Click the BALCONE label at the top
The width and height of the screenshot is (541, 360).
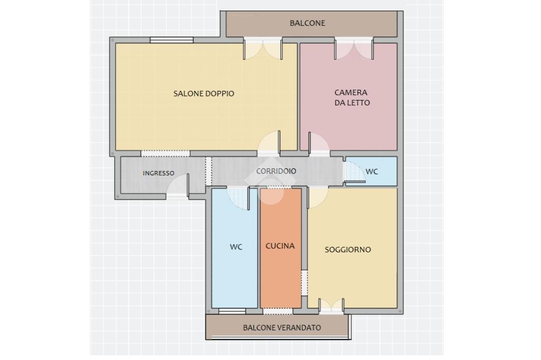click(x=307, y=23)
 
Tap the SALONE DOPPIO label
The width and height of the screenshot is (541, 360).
click(x=203, y=93)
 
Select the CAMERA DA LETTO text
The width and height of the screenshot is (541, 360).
click(x=352, y=98)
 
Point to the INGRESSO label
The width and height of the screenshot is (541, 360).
click(x=158, y=173)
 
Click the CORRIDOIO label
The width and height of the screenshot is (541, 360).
click(x=276, y=171)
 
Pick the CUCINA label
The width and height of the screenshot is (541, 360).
click(x=280, y=246)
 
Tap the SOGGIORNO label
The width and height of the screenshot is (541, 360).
click(x=348, y=249)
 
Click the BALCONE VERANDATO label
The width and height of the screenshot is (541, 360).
click(x=282, y=328)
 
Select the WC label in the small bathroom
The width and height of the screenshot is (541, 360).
click(x=371, y=172)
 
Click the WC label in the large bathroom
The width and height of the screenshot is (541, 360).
click(x=236, y=247)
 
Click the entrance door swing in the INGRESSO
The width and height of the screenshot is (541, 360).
click(x=178, y=186)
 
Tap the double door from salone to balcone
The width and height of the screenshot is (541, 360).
click(x=263, y=49)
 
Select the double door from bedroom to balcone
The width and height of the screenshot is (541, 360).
click(x=353, y=49)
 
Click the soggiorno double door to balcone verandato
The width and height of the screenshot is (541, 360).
click(x=331, y=306)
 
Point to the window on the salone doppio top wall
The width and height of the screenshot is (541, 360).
click(x=172, y=40)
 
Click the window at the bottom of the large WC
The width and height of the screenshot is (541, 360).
click(x=232, y=311)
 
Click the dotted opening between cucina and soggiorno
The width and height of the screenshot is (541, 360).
click(x=304, y=283)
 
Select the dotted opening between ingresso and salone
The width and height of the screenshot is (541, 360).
click(x=165, y=154)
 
